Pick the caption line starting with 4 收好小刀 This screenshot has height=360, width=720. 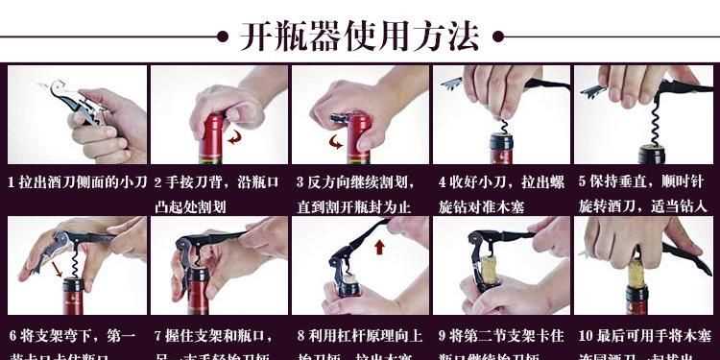500,181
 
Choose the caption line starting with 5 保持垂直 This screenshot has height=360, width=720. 642,181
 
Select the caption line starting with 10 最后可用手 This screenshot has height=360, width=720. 642,336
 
